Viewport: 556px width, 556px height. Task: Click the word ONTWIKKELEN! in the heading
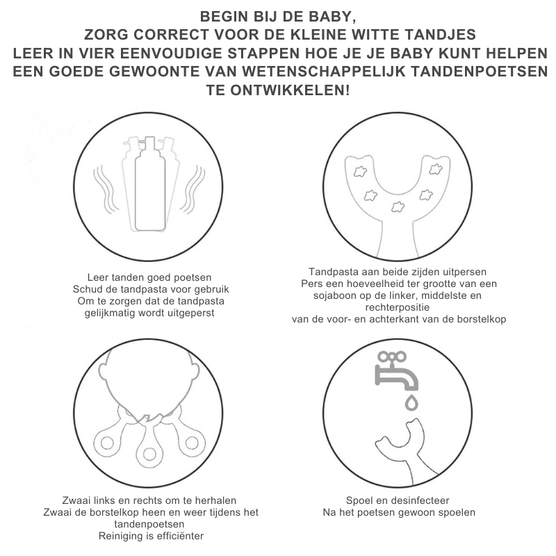[x=290, y=90]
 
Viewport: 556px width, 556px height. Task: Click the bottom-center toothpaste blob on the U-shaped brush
[x=398, y=206]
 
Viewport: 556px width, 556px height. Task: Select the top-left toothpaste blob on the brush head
[x=360, y=172]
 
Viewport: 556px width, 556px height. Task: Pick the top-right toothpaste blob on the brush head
[x=436, y=169]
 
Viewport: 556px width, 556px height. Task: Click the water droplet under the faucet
[x=411, y=402]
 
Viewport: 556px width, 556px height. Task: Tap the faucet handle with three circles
[x=392, y=357]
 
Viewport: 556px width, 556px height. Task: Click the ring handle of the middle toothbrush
[x=149, y=455]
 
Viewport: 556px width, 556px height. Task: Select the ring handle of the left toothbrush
[x=107, y=443]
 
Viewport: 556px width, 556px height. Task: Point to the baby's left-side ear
[x=103, y=371]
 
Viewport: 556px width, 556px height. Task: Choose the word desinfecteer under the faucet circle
[x=418, y=500]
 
